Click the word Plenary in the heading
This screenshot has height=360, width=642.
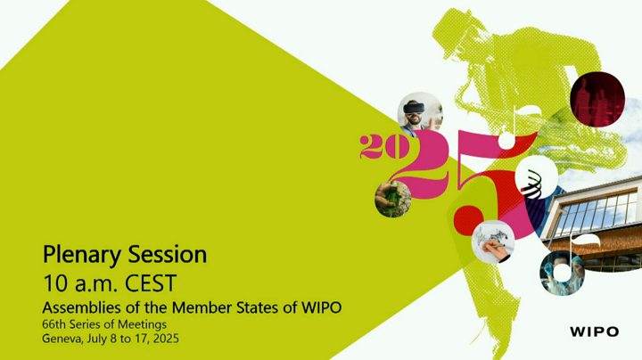point(82,255)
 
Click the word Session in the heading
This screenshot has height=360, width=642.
point(168,254)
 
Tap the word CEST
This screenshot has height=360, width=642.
point(151,283)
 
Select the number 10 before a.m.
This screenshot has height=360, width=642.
point(55,283)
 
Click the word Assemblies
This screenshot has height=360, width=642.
point(81,307)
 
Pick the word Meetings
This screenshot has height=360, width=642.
point(142,325)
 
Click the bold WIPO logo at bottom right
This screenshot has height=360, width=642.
point(594,331)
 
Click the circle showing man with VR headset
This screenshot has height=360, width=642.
point(420,114)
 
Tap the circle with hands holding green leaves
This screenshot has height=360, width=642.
point(392,199)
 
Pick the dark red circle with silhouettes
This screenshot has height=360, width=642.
point(597,100)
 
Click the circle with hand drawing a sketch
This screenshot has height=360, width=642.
point(492,241)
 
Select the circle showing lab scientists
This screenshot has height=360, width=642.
point(562,273)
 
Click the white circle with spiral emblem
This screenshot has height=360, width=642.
point(537,176)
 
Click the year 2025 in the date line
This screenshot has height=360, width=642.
point(166,339)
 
